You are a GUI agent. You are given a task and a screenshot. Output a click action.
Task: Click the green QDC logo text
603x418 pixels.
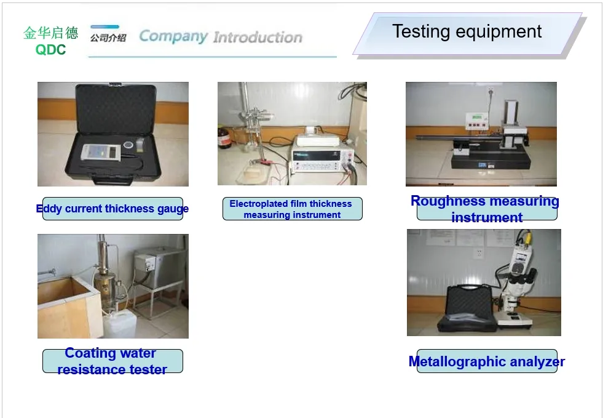pyautogui.click(x=50, y=50)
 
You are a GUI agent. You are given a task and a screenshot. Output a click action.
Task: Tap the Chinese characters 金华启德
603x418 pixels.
pyautogui.click(x=51, y=33)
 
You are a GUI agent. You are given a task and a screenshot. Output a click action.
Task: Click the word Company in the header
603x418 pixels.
pyautogui.click(x=173, y=36)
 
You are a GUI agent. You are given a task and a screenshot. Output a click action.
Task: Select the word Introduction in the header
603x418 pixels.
pyautogui.click(x=258, y=38)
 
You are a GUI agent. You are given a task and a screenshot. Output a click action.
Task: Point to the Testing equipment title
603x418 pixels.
pyautogui.click(x=467, y=31)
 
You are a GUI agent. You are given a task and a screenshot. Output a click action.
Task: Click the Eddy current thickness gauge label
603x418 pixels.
pyautogui.click(x=112, y=209)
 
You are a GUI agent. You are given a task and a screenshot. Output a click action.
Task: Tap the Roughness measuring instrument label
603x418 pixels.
pyautogui.click(x=486, y=209)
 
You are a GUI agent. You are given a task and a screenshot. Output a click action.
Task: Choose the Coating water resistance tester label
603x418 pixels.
pyautogui.click(x=111, y=361)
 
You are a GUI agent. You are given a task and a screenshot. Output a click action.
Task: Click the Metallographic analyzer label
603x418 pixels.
pyautogui.click(x=486, y=361)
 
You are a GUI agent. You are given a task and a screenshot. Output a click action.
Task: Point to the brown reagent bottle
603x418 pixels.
pyautogui.click(x=224, y=138)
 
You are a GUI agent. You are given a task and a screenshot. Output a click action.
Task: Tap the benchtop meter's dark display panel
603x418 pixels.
pyautogui.click(x=316, y=156)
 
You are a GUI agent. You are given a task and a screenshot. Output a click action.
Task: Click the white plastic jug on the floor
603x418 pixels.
pyautogui.click(x=120, y=325)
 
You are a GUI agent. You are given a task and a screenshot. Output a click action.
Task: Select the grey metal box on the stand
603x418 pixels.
pyautogui.click(x=159, y=267)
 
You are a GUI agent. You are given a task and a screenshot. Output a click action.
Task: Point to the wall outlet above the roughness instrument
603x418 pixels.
pyautogui.click(x=491, y=92)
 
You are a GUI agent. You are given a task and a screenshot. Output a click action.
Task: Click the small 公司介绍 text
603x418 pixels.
pyautogui.click(x=108, y=38)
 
